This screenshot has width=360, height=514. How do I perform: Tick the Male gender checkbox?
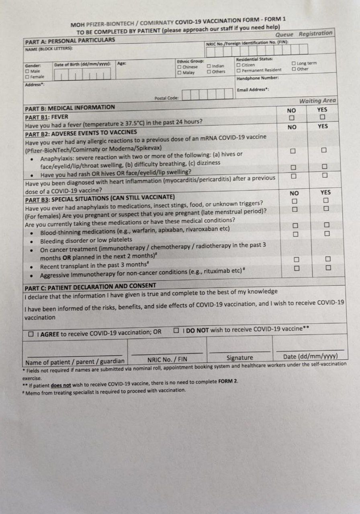click(x=27, y=71)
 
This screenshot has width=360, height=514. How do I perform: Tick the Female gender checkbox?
click(x=27, y=76)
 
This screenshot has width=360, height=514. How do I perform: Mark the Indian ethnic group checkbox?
click(x=209, y=66)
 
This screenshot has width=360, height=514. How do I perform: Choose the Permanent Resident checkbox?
click(x=239, y=70)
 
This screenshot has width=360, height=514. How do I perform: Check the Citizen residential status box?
click(x=239, y=64)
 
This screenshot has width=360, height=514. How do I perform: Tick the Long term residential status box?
click(x=294, y=63)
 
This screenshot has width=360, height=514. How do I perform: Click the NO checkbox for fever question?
click(x=292, y=118)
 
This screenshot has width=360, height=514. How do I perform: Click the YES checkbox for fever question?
click(x=322, y=117)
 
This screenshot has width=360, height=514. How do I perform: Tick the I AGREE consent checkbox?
click(x=31, y=334)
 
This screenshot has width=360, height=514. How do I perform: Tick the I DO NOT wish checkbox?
click(x=176, y=330)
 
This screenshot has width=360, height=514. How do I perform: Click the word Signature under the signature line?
click(x=240, y=358)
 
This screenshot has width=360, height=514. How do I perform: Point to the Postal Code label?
click(x=167, y=98)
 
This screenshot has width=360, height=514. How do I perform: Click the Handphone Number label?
click(x=258, y=78)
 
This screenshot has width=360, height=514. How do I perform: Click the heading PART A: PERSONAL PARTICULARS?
click(x=70, y=41)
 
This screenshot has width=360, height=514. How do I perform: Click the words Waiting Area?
click(x=317, y=101)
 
